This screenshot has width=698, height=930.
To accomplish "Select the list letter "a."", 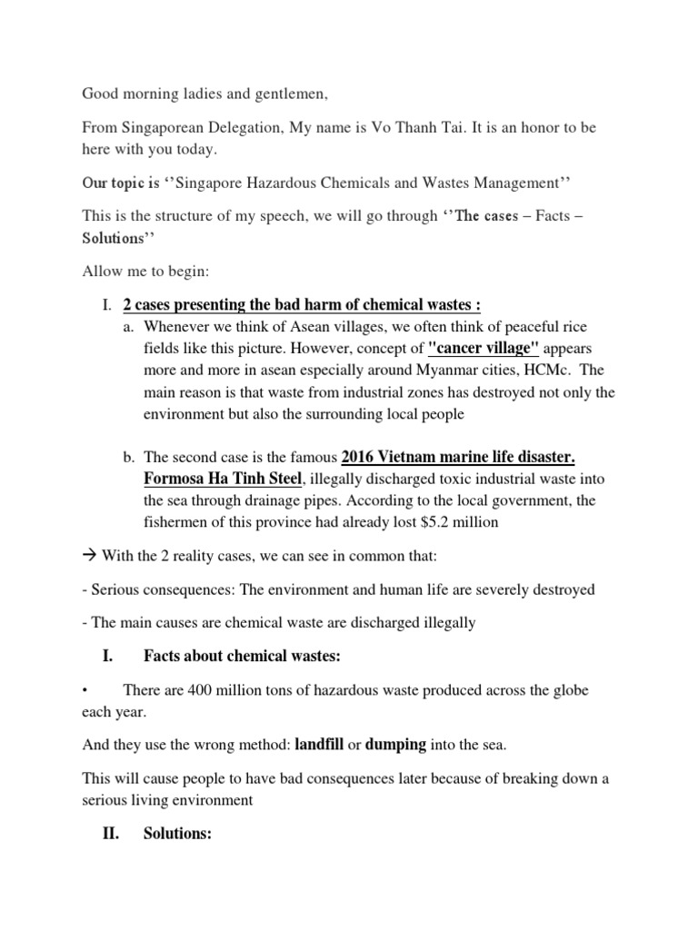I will pyautogui.click(x=127, y=326).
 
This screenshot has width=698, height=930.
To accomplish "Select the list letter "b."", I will pyautogui.click(x=127, y=457).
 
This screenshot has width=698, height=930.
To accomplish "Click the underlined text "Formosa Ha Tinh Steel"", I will pyautogui.click(x=222, y=479).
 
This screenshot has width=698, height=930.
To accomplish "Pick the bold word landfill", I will pyautogui.click(x=323, y=745).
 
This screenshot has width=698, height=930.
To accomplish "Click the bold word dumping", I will pyautogui.click(x=395, y=745).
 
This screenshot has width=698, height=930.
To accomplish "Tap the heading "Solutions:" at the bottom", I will pyautogui.click(x=177, y=833).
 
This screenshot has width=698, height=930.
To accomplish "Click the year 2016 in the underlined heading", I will pyautogui.click(x=360, y=457).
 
